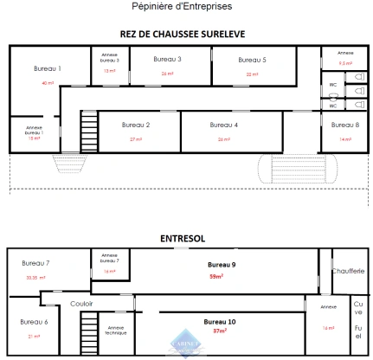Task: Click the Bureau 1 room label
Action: (x=47, y=67)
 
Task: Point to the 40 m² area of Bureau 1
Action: (x=48, y=83)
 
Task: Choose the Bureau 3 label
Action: (x=167, y=59)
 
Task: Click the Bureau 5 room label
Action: (x=252, y=59)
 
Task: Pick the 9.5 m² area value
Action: (x=345, y=63)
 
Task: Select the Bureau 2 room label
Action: (x=136, y=125)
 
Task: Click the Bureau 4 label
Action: (x=223, y=125)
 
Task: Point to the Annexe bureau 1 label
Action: (x=35, y=130)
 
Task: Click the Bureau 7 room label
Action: (x=35, y=262)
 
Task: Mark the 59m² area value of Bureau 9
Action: (x=216, y=276)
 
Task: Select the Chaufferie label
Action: (x=347, y=271)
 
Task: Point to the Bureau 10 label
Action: (x=220, y=321)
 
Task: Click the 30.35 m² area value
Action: (x=35, y=278)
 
